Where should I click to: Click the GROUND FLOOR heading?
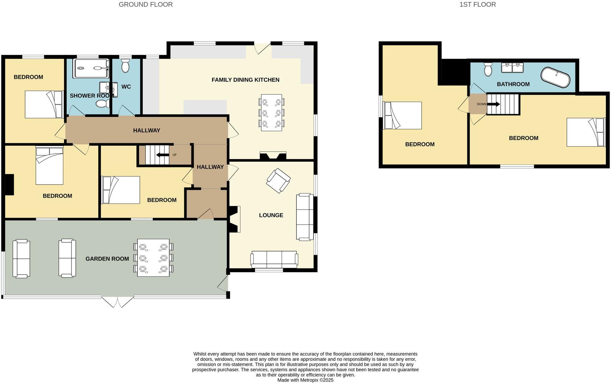coord(146,4)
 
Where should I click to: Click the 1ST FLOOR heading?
coord(477,4)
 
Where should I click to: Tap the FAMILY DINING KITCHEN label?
coord(245,80)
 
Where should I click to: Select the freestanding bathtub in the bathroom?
coord(555,78)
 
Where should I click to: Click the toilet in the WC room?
coord(125,66)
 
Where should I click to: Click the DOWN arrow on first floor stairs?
coord(493,104)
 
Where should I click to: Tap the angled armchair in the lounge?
coord(278,180)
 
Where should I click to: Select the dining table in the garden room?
coord(153,257)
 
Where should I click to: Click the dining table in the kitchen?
coord(271,112)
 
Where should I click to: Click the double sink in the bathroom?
coord(512,68)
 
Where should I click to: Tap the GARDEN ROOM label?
coord(107,259)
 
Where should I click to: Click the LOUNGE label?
coord(271,215)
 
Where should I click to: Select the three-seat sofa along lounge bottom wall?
coord(274,259)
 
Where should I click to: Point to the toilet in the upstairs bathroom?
coord(488,70)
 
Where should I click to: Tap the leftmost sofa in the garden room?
coord(21,258)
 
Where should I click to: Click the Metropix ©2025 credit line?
coord(305,380)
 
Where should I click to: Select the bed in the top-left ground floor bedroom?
coord(44,104)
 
